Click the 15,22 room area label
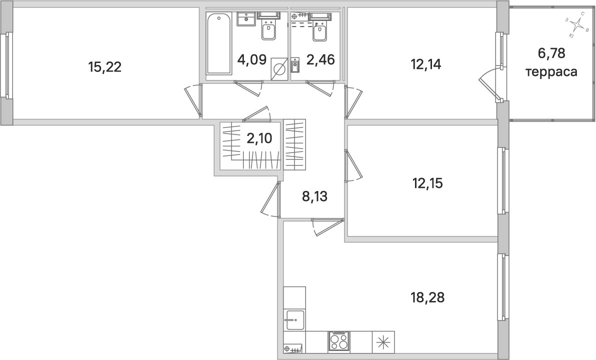(104, 67)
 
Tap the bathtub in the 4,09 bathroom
(218, 43)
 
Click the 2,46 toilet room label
(320, 60)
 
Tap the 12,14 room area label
(426, 64)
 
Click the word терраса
(551, 72)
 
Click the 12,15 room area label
(427, 183)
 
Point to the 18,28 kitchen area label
(427, 298)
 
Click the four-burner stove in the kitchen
(339, 342)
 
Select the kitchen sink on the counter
(294, 319)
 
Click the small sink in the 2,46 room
(294, 65)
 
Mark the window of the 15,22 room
(6, 65)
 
